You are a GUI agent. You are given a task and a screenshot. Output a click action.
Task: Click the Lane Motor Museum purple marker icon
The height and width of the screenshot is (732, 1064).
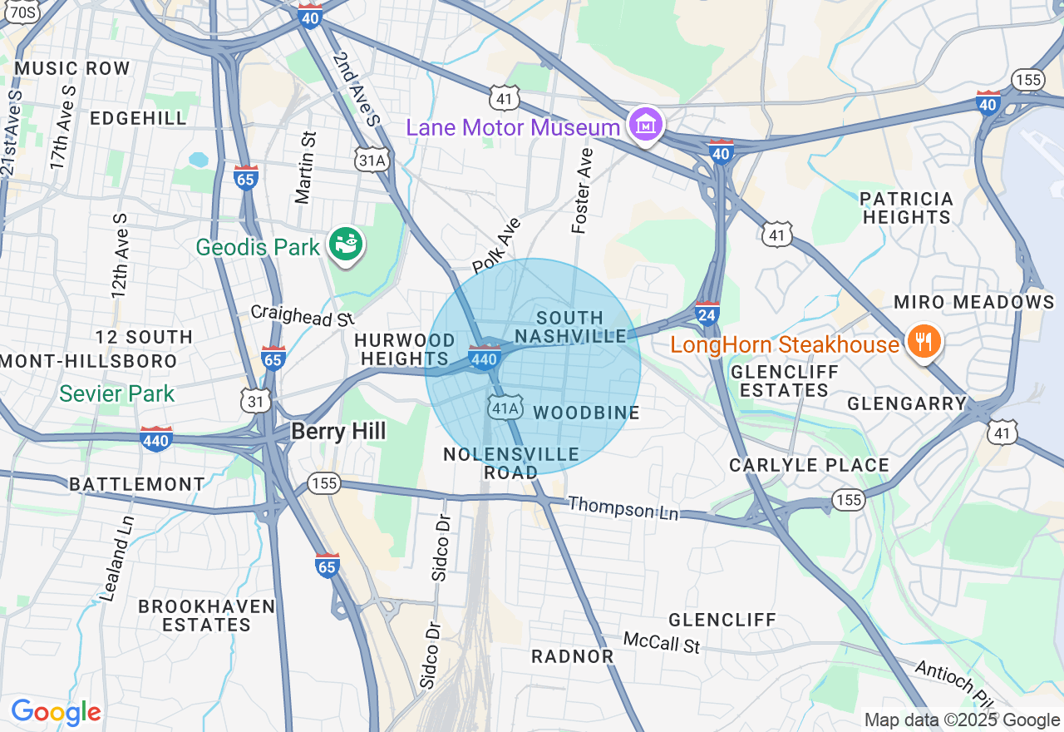646,125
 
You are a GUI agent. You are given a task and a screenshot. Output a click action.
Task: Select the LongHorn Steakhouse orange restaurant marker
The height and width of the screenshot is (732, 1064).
922,341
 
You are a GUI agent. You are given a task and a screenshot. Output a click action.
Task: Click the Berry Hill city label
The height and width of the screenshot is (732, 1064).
338,431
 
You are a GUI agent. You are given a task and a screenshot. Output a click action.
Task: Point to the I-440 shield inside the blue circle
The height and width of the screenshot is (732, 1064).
484,358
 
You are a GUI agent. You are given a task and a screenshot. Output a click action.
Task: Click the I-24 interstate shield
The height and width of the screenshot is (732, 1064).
707,314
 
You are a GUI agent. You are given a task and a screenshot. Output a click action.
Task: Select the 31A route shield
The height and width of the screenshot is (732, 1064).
372,160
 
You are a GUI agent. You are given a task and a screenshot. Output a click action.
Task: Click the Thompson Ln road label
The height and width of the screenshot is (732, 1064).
623,508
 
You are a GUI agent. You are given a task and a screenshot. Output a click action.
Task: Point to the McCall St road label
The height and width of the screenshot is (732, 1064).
663,642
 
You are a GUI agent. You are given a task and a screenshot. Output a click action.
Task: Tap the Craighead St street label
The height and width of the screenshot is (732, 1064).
303,315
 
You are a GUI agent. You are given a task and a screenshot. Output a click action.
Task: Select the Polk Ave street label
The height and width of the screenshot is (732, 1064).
496,245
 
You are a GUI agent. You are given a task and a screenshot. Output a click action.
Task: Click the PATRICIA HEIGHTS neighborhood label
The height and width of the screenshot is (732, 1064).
906,208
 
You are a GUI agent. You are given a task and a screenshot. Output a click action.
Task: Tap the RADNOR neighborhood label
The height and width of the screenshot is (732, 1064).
573,656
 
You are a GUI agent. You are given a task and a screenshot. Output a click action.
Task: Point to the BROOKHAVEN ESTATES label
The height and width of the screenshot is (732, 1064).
206,616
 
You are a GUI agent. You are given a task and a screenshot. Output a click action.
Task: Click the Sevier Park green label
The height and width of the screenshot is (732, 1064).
117,393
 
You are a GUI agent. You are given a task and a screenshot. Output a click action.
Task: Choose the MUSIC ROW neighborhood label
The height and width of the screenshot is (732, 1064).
72,68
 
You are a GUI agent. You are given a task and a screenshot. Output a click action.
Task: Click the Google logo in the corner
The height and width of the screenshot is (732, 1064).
56,712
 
